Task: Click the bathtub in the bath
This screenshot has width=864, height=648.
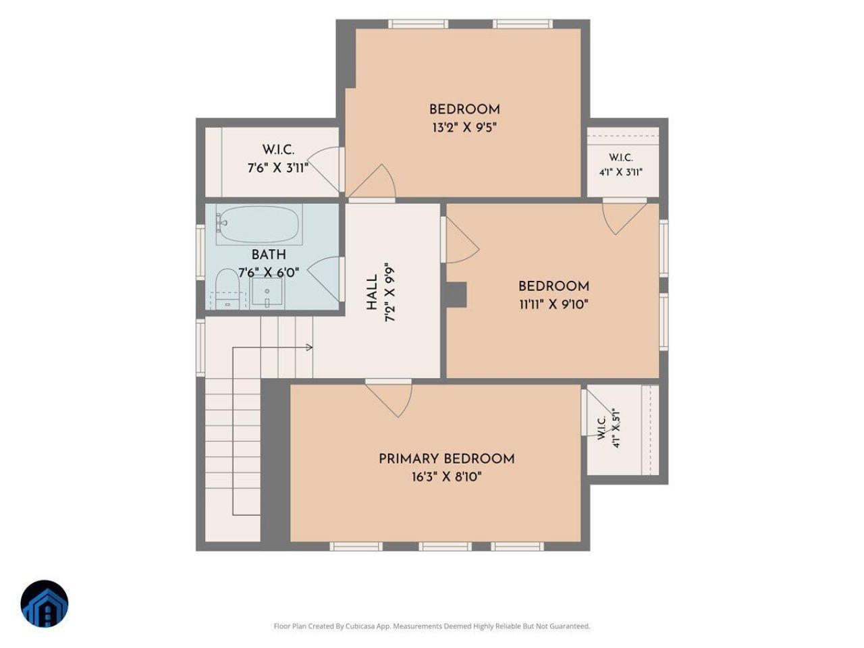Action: tap(258, 224)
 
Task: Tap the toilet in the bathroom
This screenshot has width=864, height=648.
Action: tap(228, 288)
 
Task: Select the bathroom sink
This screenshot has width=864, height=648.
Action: tap(267, 291)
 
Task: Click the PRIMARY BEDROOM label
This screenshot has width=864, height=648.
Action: tap(446, 459)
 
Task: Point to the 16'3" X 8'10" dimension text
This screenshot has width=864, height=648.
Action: tap(446, 477)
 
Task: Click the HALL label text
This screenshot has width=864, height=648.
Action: tap(371, 292)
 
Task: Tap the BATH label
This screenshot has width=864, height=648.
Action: tap(269, 254)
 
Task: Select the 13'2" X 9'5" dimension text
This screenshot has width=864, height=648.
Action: tap(464, 128)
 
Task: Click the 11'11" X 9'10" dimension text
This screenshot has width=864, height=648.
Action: tap(553, 304)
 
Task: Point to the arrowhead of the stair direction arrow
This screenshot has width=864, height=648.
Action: tap(310, 348)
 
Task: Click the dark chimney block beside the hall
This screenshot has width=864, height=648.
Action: tap(456, 295)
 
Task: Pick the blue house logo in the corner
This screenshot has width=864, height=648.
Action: tap(45, 603)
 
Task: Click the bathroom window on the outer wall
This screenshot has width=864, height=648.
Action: tap(200, 252)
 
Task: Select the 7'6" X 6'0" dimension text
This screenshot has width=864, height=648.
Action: tap(269, 272)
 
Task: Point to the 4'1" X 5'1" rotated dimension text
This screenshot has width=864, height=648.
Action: tap(616, 428)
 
